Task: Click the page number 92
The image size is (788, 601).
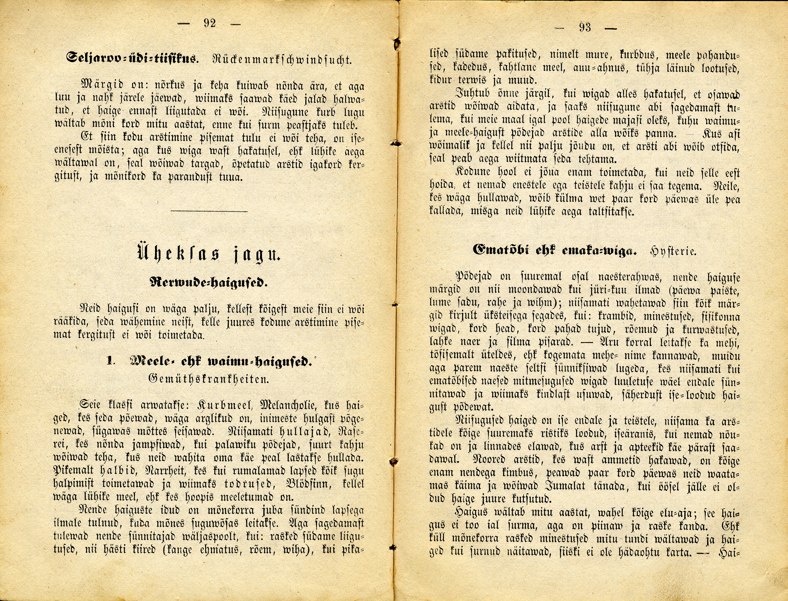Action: (x=210, y=23)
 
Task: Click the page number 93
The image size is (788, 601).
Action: (x=584, y=27)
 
